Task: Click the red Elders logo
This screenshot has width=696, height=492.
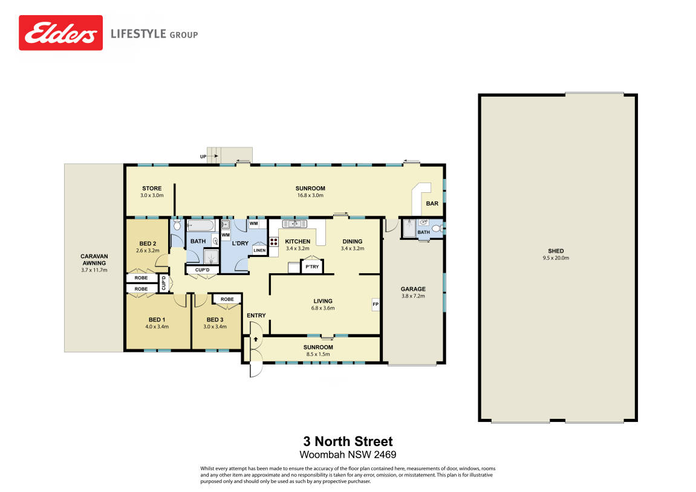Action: [61, 33]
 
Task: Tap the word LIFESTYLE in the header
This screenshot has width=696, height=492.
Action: [138, 34]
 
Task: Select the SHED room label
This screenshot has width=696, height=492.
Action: [556, 251]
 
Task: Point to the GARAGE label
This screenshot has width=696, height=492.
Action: [413, 289]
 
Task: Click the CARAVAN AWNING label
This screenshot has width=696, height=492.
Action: [94, 259]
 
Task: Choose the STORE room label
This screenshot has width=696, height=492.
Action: [152, 188]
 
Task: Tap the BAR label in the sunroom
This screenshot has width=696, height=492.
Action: [432, 203]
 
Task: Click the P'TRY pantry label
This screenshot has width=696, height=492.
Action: [312, 267]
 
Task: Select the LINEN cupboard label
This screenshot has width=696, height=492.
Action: [259, 250]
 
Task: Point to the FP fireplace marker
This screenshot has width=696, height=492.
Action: [376, 305]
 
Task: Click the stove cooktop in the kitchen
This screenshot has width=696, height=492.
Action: [274, 242]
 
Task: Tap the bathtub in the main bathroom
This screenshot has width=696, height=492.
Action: [201, 226]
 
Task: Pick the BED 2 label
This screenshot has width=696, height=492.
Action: [148, 244]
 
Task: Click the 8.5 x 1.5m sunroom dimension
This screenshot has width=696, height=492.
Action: [318, 354]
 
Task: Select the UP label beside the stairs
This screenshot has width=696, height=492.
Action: [203, 157]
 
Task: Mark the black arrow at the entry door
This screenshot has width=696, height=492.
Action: [256, 340]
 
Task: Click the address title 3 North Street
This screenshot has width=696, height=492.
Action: [348, 441]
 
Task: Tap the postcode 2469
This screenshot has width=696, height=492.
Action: [385, 455]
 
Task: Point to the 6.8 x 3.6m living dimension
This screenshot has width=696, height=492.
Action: [323, 308]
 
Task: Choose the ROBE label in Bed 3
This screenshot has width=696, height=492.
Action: [227, 299]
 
